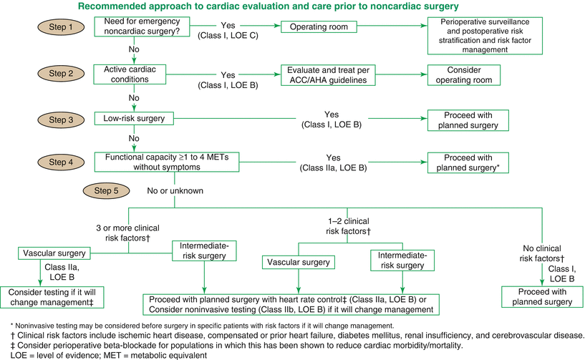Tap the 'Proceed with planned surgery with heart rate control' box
pyautogui.click(x=291, y=305)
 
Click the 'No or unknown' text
pyautogui.click(x=175, y=192)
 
